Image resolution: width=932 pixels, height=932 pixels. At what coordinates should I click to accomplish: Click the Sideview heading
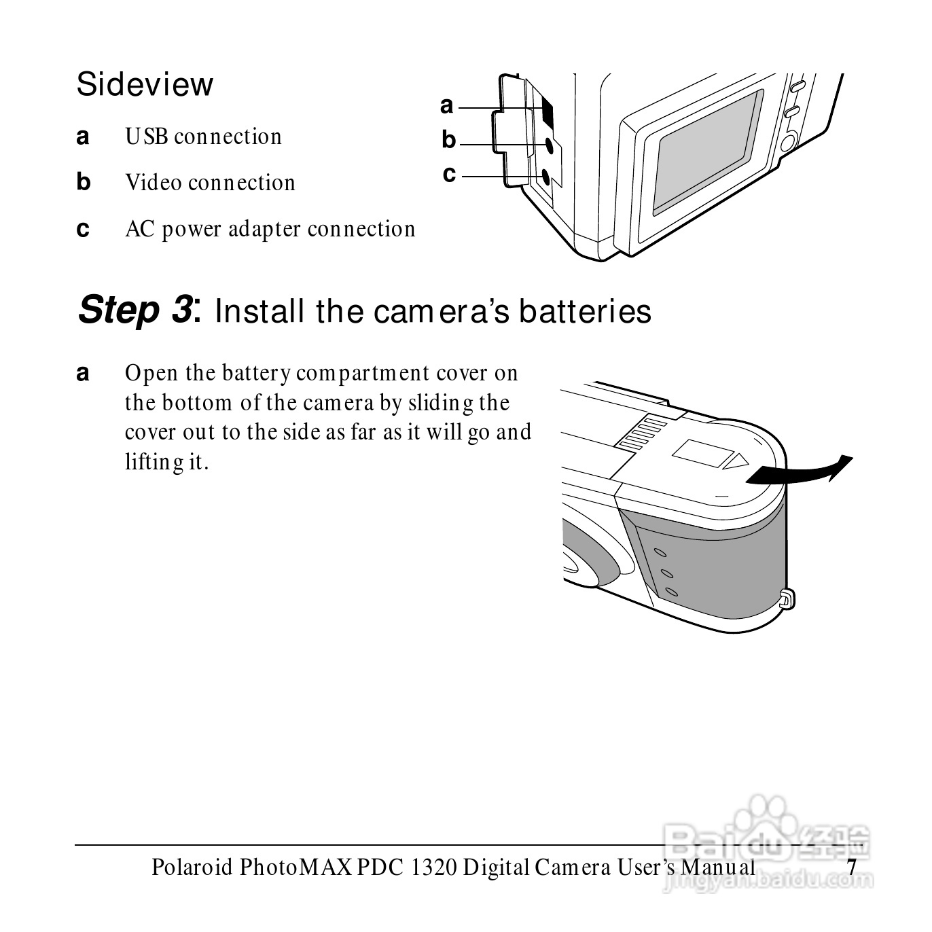tap(145, 85)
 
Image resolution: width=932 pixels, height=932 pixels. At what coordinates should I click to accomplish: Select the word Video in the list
tap(154, 183)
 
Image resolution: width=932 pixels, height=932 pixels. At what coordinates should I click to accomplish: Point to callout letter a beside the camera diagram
tap(447, 106)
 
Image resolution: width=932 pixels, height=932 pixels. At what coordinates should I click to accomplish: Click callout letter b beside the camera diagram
tap(449, 140)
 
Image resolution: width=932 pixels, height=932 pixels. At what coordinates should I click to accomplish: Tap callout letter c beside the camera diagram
tap(449, 174)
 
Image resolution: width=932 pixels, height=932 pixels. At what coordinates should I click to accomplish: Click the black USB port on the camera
tap(547, 111)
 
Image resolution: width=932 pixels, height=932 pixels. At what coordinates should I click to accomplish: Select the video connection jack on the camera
tap(550, 145)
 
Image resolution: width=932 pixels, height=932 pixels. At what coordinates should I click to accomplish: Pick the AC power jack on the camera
tap(545, 176)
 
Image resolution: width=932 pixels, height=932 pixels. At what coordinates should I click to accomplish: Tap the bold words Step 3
tap(136, 310)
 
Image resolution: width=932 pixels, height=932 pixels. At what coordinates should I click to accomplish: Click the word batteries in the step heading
tap(586, 311)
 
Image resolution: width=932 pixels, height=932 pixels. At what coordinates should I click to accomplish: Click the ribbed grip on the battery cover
tap(643, 433)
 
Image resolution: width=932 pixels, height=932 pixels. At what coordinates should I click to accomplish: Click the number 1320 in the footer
tap(433, 867)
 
